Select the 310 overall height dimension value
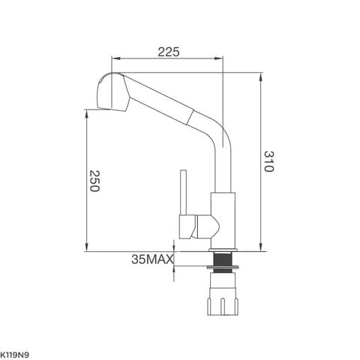[x=268, y=161]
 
